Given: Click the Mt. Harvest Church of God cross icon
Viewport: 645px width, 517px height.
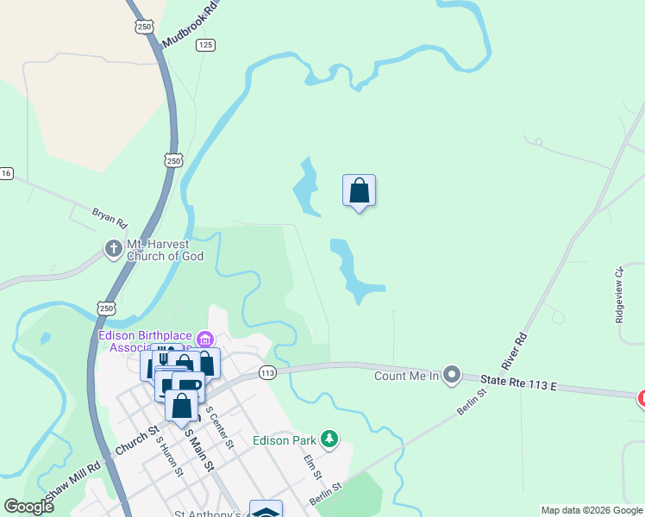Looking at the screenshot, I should tap(113, 249).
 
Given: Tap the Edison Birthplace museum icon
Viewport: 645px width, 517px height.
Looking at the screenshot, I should tap(204, 336).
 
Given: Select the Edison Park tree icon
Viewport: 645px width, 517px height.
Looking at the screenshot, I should tap(329, 439).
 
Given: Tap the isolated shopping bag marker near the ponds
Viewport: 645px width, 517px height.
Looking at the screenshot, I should tap(359, 191).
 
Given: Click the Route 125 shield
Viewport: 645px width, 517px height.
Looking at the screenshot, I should tap(205, 45).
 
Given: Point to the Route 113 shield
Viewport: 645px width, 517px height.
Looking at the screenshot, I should tap(266, 373).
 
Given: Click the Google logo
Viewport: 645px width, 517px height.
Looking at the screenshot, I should tap(28, 507).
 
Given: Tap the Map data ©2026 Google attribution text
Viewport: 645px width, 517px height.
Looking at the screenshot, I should tap(592, 510).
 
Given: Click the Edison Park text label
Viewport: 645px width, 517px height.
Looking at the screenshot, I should tap(284, 440).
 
